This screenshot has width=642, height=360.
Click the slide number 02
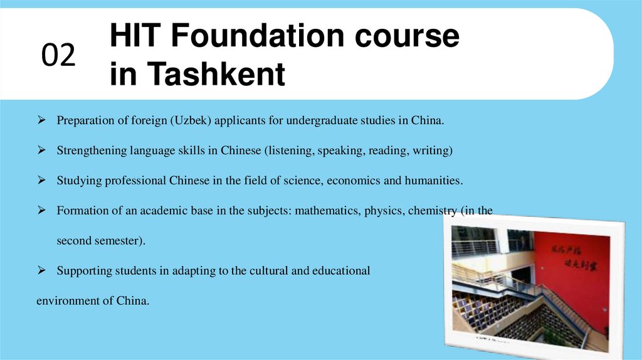coord(58,56)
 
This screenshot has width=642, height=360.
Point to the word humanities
coord(433,181)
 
